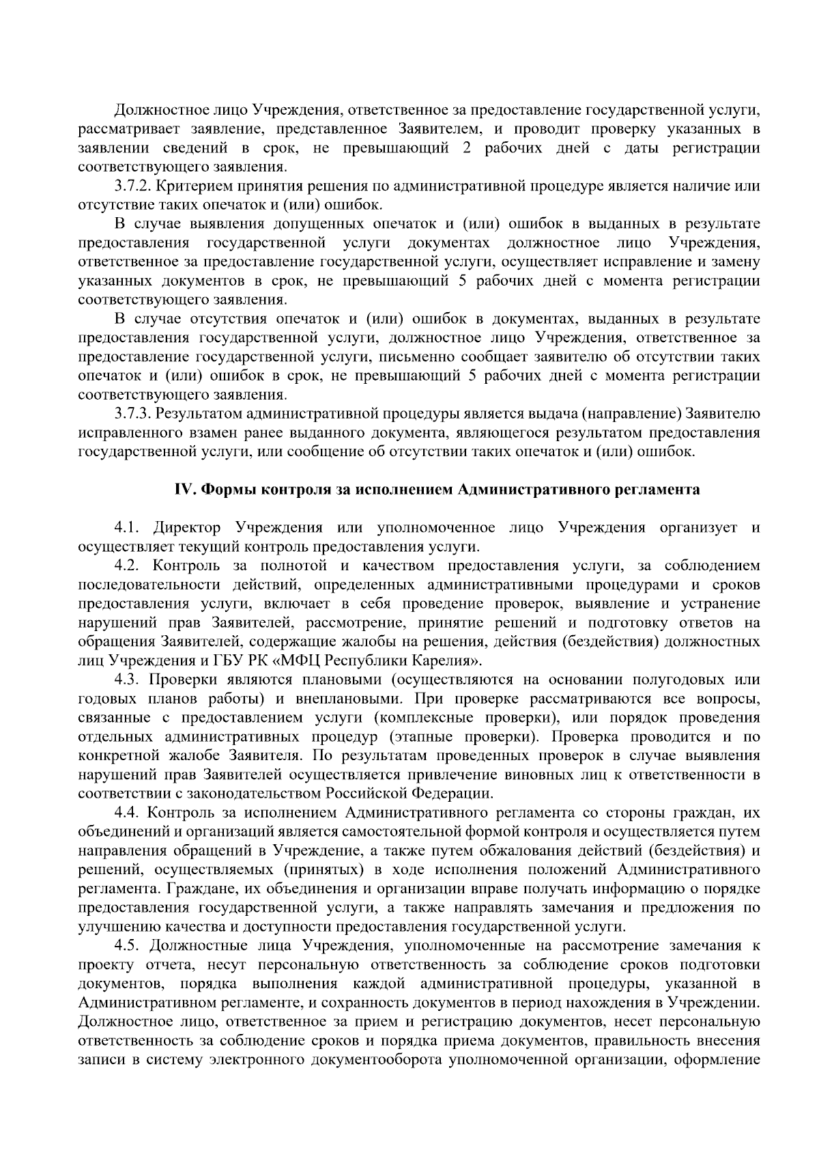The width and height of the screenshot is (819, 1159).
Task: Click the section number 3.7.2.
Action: pyautogui.click(x=132, y=186)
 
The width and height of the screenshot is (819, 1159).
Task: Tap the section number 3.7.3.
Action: pyautogui.click(x=132, y=414)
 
